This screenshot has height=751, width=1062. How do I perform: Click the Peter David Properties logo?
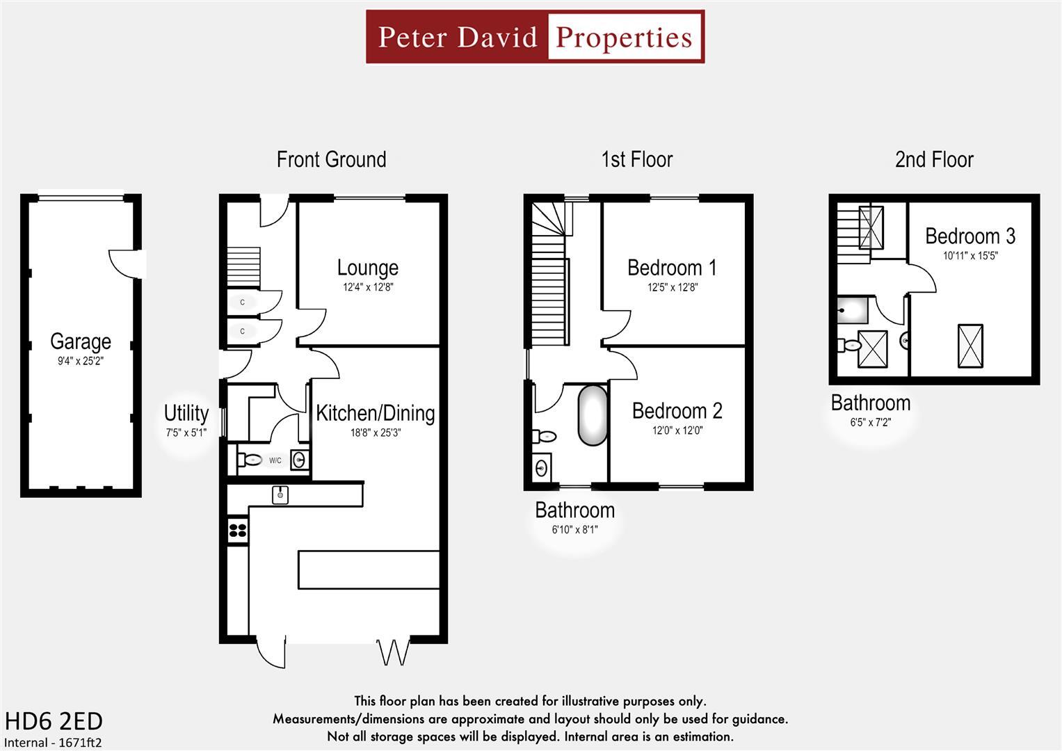535,37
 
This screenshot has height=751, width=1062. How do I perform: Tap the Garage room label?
81,341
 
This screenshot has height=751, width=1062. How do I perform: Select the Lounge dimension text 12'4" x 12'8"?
367,287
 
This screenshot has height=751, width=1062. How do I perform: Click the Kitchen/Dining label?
375,413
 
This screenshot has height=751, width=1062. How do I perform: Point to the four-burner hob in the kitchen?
238,530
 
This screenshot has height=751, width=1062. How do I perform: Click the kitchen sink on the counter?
280,494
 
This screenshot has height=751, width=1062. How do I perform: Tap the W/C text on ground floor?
275,460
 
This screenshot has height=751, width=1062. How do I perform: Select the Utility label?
186,413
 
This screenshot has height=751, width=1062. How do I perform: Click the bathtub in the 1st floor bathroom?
593,415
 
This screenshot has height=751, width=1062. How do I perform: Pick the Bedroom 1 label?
672,268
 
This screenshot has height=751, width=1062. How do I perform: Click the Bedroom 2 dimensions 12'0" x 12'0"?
677,430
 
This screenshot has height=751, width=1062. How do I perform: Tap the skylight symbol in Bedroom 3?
970,346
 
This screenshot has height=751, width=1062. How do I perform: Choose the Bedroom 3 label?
970,236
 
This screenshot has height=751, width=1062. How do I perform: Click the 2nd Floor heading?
933,160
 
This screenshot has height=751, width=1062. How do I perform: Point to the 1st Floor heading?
636,160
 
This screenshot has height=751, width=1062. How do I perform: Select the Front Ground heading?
331,160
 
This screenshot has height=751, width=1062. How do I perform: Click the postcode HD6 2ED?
54,720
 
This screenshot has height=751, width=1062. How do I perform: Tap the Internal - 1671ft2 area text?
54,743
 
